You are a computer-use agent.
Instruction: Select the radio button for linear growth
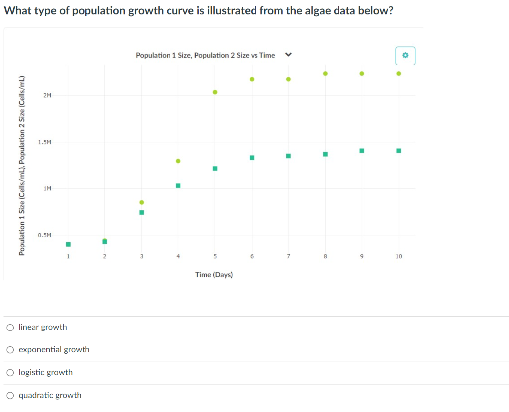point(10,327)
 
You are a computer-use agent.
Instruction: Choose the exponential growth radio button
point(10,350)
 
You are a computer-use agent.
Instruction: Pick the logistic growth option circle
point(10,373)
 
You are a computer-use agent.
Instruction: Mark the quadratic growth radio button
point(10,396)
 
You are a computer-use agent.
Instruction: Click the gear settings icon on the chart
point(405,56)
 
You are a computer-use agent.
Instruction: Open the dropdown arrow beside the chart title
point(287,55)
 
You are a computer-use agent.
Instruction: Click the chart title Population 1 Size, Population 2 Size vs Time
point(205,55)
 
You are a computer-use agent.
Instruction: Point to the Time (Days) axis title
point(214,275)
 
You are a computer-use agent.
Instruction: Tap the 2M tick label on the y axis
point(47,95)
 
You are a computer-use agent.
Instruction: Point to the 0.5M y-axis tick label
point(44,235)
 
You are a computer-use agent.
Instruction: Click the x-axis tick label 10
point(399,256)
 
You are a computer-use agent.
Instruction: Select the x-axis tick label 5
point(215,256)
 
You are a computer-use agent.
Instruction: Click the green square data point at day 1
point(68,244)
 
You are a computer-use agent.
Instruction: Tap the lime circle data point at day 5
point(215,92)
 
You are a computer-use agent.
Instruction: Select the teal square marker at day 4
point(178,186)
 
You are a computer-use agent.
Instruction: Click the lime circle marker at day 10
point(399,73)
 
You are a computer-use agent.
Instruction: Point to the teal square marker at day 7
point(288,156)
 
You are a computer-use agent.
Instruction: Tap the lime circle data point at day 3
point(142,202)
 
